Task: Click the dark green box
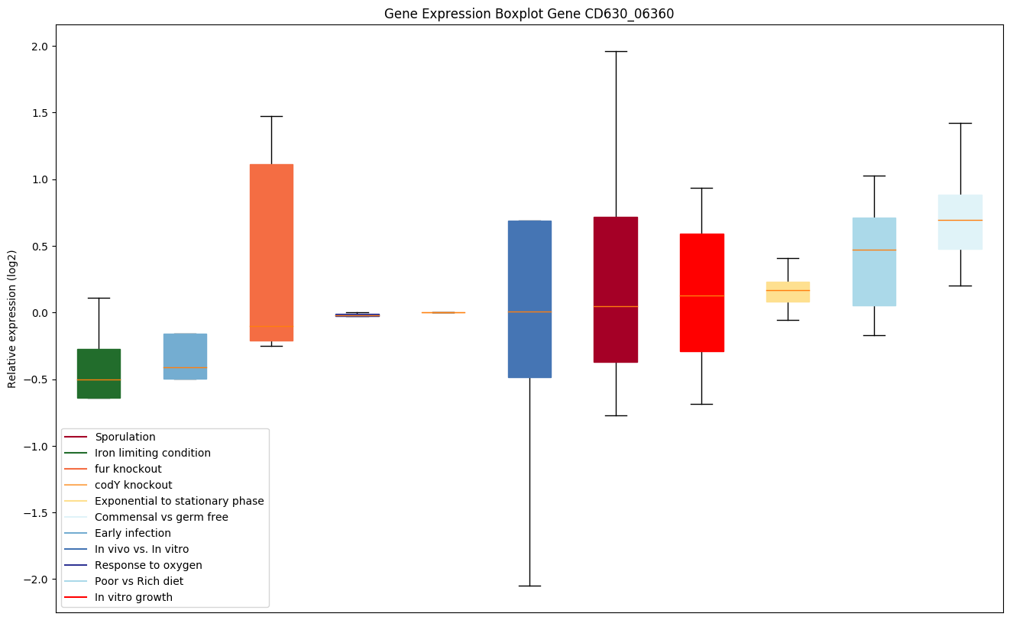click(x=99, y=373)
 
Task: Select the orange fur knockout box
click(x=271, y=252)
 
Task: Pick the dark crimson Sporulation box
click(x=616, y=289)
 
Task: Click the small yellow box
click(x=788, y=292)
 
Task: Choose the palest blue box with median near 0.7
click(x=960, y=222)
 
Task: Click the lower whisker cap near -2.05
click(x=529, y=586)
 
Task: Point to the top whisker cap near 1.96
click(x=616, y=51)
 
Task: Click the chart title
click(x=529, y=14)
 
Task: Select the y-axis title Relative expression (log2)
click(x=12, y=318)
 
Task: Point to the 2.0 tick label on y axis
click(x=39, y=47)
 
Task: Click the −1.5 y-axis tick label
click(x=36, y=513)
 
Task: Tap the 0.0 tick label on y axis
click(x=39, y=313)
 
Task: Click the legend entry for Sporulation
click(x=125, y=437)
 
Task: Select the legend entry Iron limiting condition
click(x=153, y=453)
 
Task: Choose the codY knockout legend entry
click(x=134, y=485)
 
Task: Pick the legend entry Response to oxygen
click(x=148, y=565)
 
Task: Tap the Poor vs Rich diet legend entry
click(x=139, y=581)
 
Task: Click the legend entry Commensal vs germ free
click(x=161, y=517)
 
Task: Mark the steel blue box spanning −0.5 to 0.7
click(x=529, y=299)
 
